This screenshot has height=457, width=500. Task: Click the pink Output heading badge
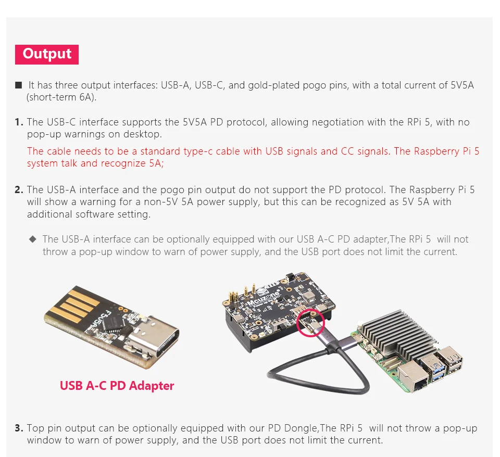click(47, 55)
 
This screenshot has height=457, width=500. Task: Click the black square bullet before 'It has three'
click(19, 85)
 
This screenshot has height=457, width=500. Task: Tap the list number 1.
click(19, 122)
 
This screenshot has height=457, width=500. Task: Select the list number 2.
click(19, 189)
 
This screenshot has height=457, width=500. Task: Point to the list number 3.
click(19, 428)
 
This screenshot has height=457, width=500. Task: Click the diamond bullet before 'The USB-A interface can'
click(32, 239)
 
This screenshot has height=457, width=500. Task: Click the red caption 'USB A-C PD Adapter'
click(117, 386)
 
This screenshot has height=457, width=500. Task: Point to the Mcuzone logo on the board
click(264, 297)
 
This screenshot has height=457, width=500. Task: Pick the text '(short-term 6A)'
click(61, 97)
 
